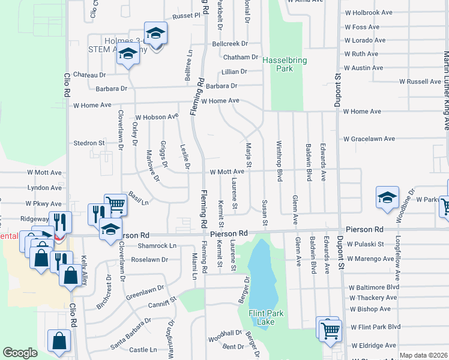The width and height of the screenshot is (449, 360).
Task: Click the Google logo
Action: (x=20, y=353)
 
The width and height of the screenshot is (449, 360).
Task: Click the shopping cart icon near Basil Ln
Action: (x=115, y=204)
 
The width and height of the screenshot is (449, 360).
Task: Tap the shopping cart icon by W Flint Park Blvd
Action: (x=330, y=329)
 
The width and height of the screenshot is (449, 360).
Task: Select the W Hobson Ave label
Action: (x=157, y=116)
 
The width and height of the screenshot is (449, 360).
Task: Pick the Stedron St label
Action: (x=89, y=143)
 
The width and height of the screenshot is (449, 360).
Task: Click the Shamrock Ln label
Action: (x=157, y=245)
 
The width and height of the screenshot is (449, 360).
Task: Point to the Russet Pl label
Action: (x=186, y=16)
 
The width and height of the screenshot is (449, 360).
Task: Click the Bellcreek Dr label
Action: (x=230, y=44)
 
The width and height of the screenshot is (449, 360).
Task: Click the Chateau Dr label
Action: (x=89, y=75)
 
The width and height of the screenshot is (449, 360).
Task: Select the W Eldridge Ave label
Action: (x=373, y=346)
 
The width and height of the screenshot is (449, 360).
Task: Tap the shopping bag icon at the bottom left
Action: (x=59, y=341)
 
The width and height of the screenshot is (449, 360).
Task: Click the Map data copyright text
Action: (x=423, y=355)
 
